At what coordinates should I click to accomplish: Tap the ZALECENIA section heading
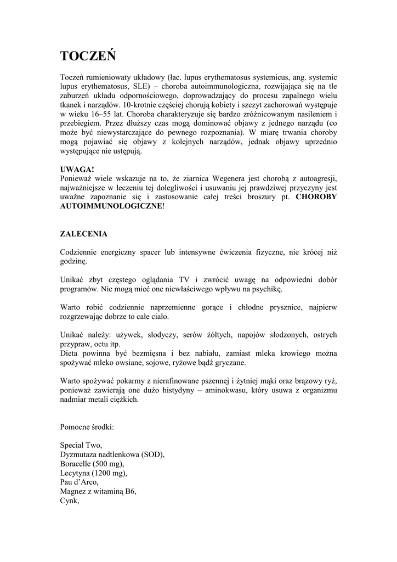(x=83, y=234)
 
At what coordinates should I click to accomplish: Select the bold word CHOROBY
(x=316, y=196)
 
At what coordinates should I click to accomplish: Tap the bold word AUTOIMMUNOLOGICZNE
(x=111, y=206)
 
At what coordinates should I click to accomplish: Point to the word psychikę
(x=265, y=289)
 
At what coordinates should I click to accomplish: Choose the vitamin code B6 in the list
(x=130, y=492)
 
